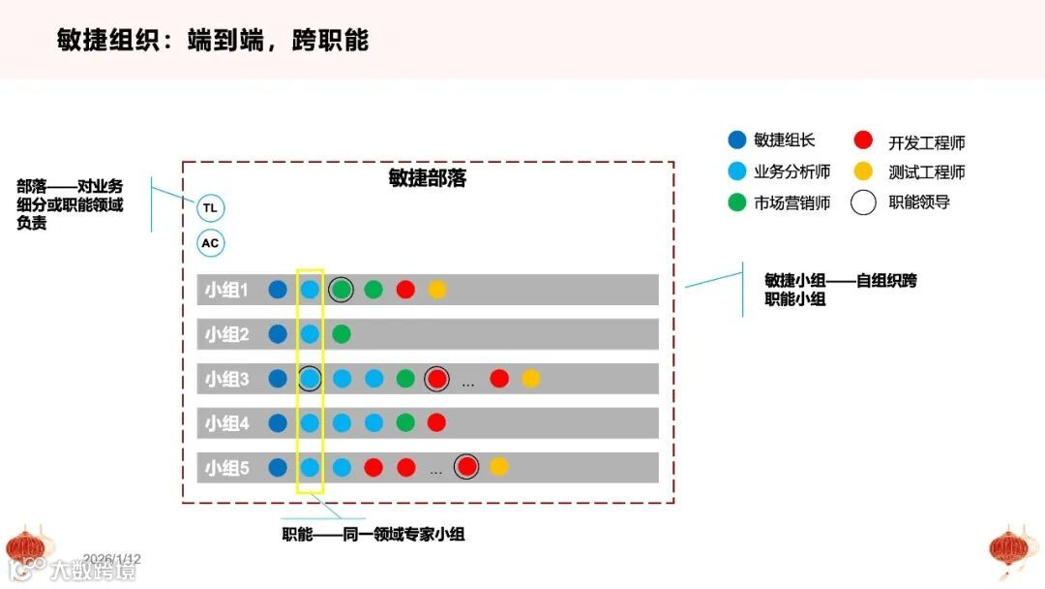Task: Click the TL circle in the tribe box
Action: click(210, 208)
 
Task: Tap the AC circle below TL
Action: click(210, 243)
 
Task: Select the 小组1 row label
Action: click(226, 290)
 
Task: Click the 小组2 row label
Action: click(226, 334)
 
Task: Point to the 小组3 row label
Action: click(226, 379)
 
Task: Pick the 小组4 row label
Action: click(226, 423)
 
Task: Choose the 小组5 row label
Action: click(226, 468)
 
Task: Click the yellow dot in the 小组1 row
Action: click(437, 290)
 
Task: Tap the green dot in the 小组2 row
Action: click(341, 334)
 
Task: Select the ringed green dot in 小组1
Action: click(341, 290)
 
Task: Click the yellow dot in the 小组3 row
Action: click(530, 379)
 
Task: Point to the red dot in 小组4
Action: click(436, 423)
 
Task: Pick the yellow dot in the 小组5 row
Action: click(498, 467)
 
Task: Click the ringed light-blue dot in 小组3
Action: click(310, 379)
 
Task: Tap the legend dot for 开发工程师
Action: click(864, 141)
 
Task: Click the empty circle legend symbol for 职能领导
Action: click(864, 202)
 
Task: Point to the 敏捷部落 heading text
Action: click(428, 178)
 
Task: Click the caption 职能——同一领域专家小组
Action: click(373, 534)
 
